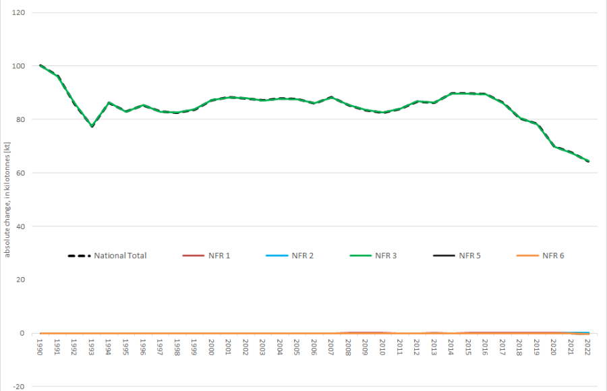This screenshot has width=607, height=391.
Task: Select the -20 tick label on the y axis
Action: click(19, 386)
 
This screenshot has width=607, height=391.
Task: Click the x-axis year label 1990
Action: click(41, 347)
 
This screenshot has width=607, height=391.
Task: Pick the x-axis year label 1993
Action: click(92, 347)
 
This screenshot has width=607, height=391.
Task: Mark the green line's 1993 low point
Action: click(92, 126)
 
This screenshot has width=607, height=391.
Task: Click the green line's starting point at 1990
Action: click(41, 65)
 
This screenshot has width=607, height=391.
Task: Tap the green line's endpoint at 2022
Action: click(588, 162)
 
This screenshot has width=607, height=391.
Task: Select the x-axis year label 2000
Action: click(212, 347)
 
